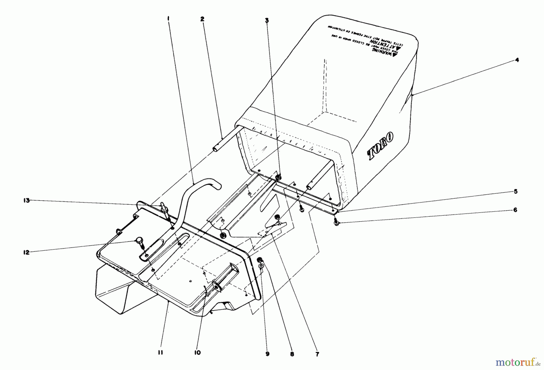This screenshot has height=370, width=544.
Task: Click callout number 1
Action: pos(168,19)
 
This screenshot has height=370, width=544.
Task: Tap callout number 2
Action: pos(202,19)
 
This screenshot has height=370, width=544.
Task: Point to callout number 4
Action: pos(517,60)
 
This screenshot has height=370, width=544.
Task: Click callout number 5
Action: pos(516,191)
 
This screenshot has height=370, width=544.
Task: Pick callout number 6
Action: pos(516,209)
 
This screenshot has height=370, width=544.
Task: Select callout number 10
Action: pos(197,352)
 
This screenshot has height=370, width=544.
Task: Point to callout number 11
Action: pos(160,352)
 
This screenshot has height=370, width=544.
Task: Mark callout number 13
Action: pos(27,200)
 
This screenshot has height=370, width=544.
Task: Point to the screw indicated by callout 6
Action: pos(337,223)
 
